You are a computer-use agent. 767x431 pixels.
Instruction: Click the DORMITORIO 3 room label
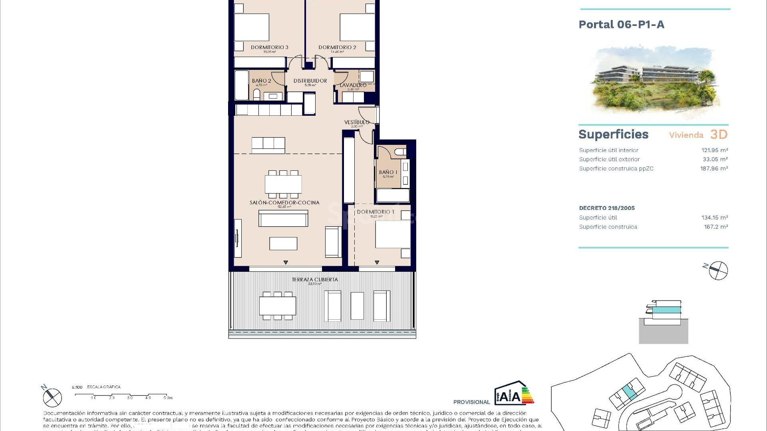pyautogui.click(x=269, y=47)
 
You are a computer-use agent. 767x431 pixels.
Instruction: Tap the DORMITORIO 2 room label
pyautogui.click(x=337, y=47)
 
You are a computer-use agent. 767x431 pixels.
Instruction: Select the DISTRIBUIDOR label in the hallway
pyautogui.click(x=310, y=81)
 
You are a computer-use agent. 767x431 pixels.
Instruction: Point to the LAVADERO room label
pyautogui.click(x=353, y=85)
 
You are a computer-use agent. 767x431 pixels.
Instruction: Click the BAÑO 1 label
pyautogui.click(x=388, y=172)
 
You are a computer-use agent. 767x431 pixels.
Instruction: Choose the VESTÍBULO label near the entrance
pyautogui.click(x=357, y=122)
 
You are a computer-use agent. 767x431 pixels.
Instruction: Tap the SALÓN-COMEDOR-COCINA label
pyautogui.click(x=284, y=202)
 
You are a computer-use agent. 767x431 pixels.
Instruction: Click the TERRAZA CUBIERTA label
pyautogui.click(x=315, y=279)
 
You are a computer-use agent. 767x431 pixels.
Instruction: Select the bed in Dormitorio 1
pyautogui.click(x=393, y=234)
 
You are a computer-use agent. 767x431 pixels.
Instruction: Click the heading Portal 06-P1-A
pyautogui.click(x=621, y=25)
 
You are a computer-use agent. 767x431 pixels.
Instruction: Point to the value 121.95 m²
pyautogui.click(x=715, y=150)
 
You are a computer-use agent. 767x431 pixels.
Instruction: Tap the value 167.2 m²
pyautogui.click(x=715, y=227)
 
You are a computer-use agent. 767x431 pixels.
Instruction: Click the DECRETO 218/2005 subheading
pyautogui.click(x=606, y=208)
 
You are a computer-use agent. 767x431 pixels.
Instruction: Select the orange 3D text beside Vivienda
pyautogui.click(x=719, y=134)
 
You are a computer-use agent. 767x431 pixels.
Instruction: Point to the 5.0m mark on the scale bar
pyautogui.click(x=168, y=397)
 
